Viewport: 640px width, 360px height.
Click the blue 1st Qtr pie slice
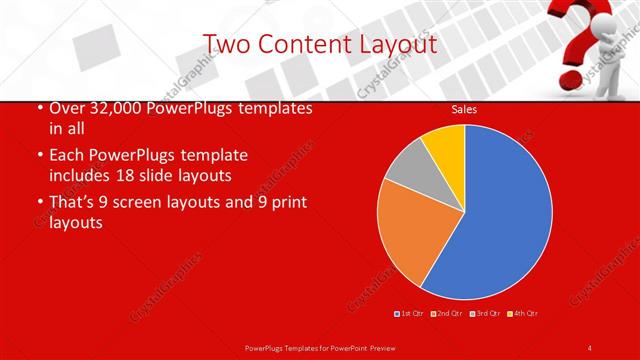coord(495,215)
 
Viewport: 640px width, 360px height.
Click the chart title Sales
coord(464,109)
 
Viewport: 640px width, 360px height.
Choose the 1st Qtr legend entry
coord(409,314)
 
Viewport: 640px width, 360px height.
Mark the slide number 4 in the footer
coord(590,347)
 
